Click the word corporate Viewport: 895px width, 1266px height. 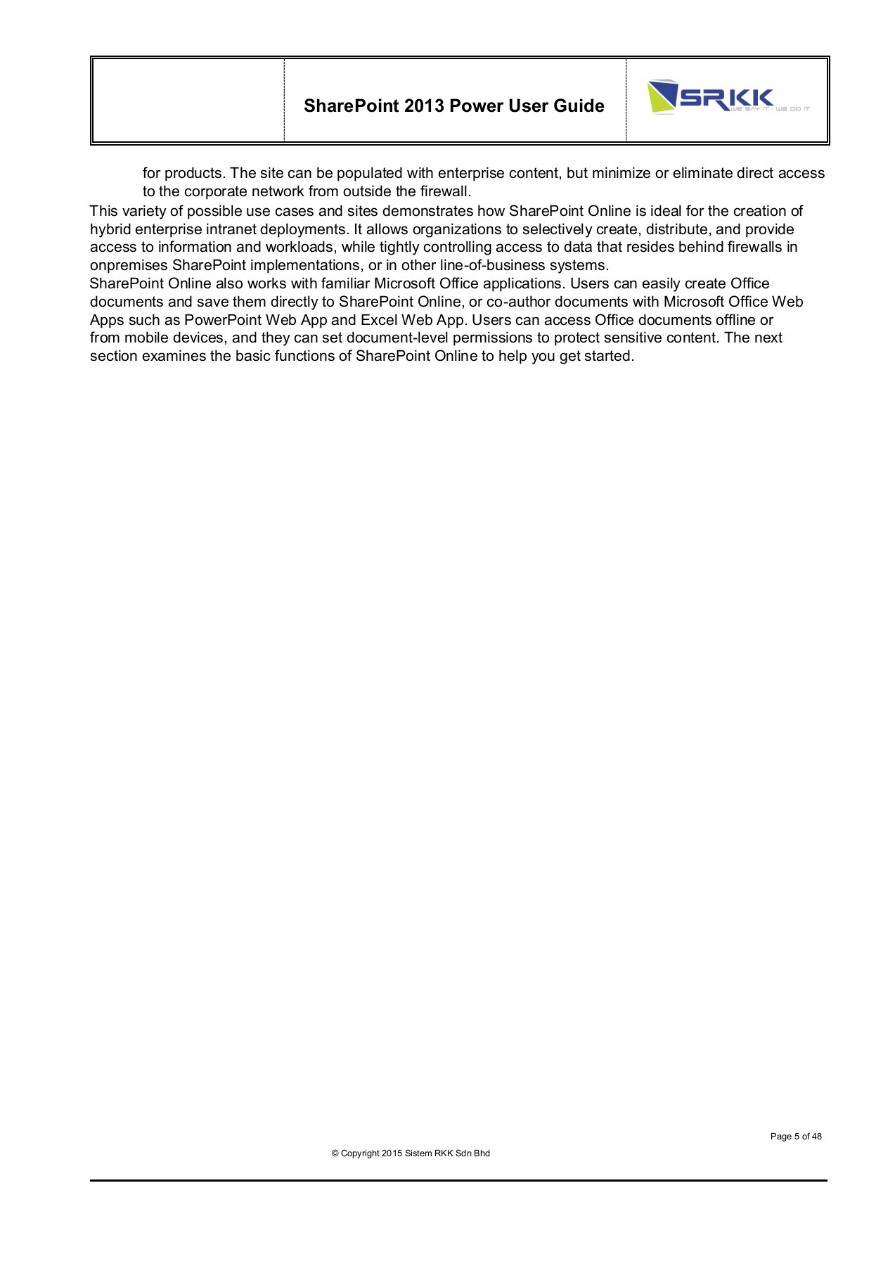click(x=215, y=191)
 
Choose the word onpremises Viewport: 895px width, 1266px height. click(x=129, y=266)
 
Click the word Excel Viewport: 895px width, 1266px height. click(x=379, y=320)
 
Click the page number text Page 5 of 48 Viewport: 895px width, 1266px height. click(x=796, y=1137)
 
